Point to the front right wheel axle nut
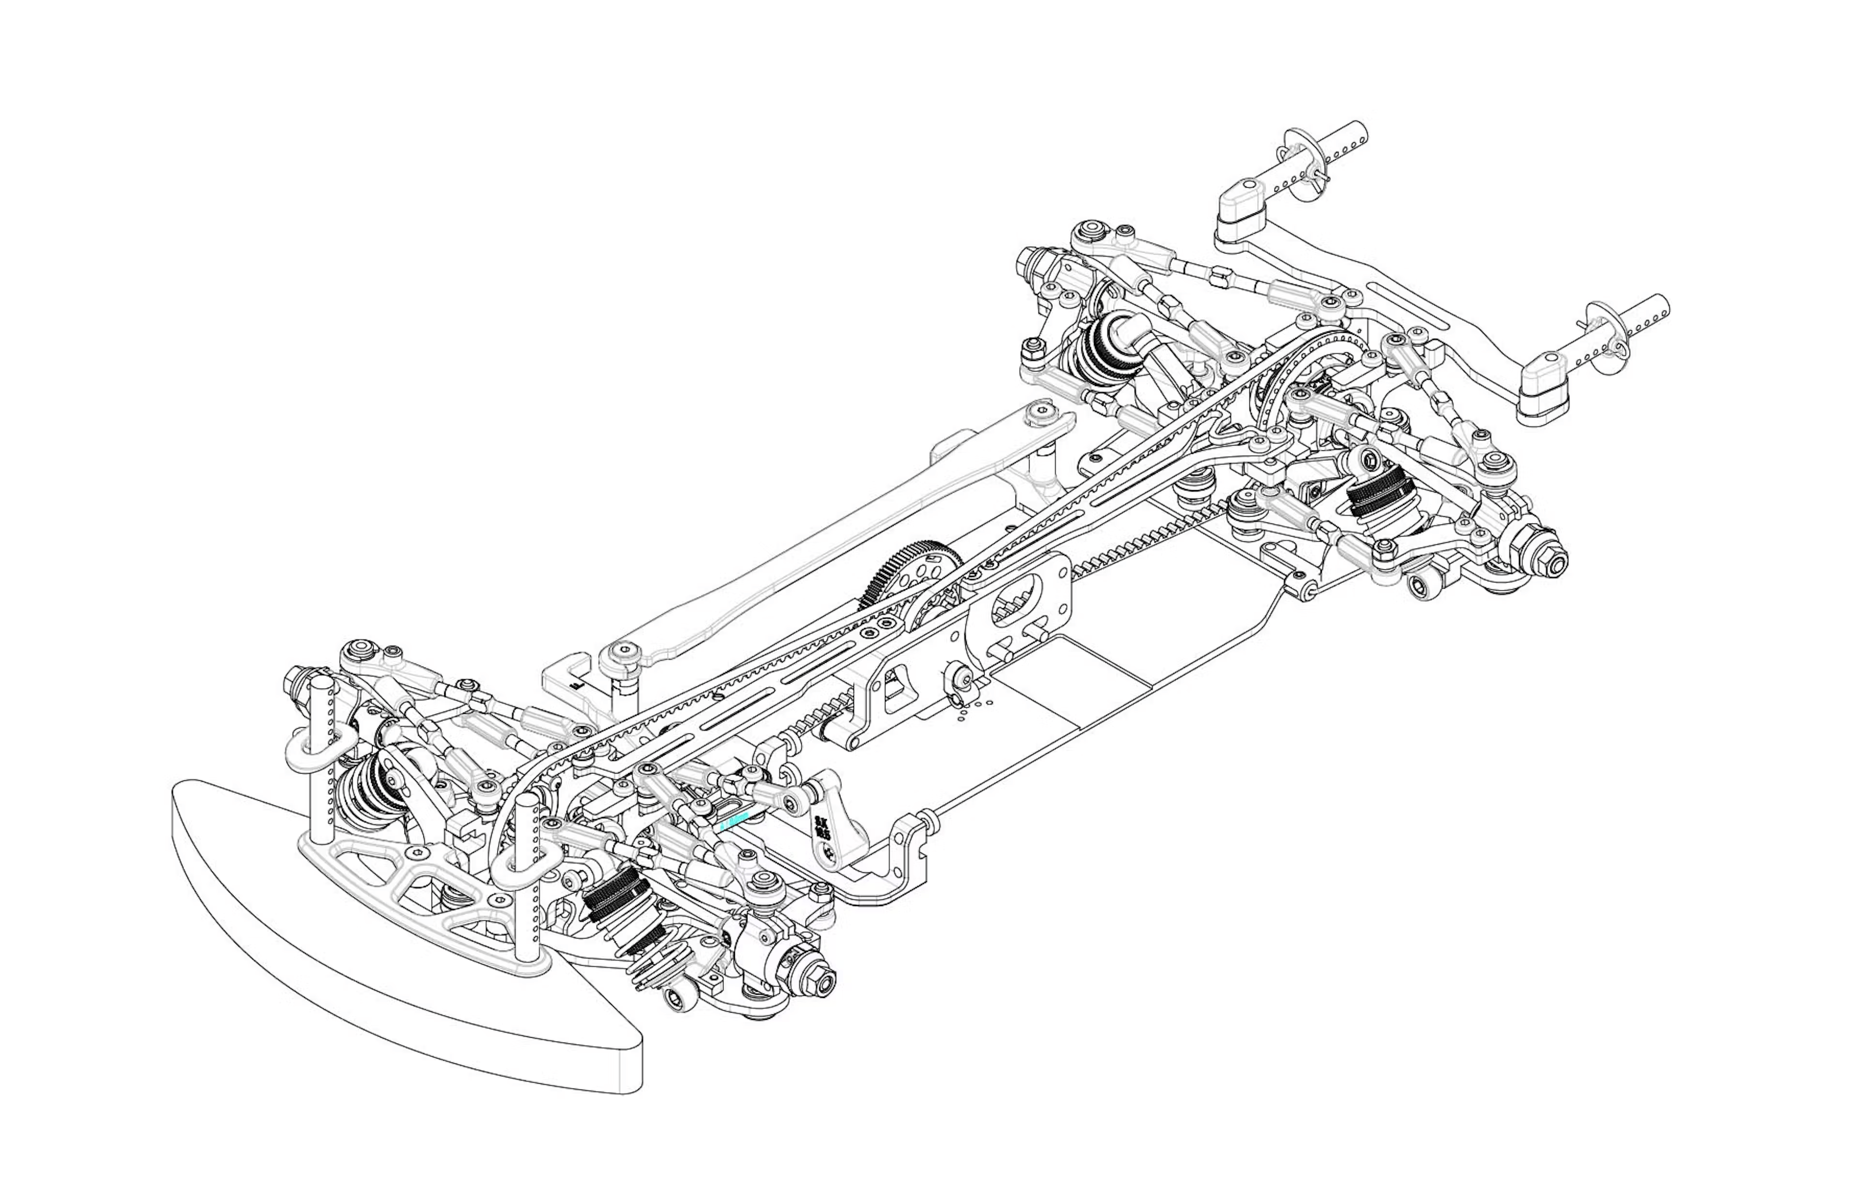[824, 985]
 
